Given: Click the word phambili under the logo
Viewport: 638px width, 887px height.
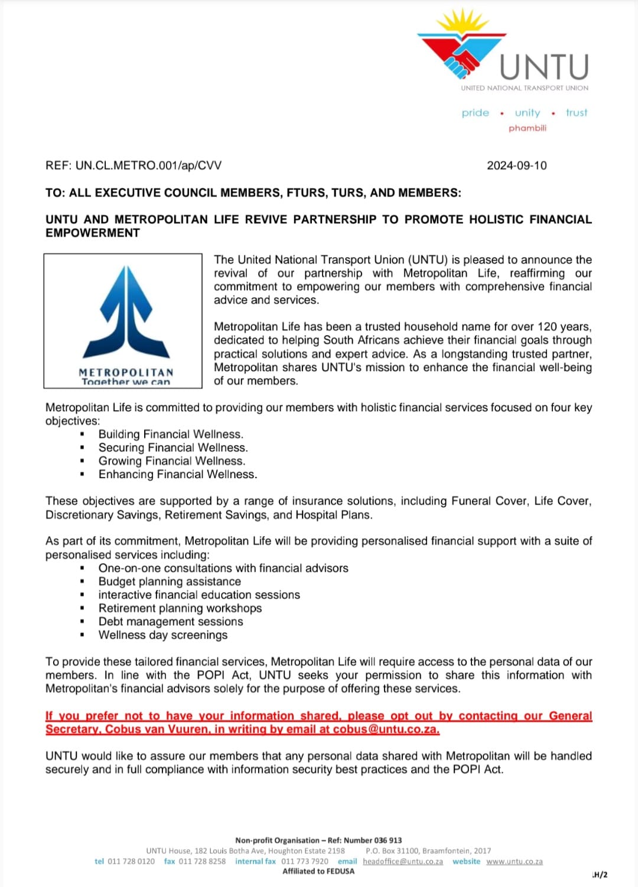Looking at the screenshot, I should click(528, 128).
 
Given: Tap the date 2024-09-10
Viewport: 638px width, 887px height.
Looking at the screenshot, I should click(517, 165).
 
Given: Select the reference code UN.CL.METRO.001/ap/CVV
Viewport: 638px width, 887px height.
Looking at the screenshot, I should click(148, 165).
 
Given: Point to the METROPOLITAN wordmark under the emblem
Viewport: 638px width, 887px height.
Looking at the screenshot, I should click(126, 372).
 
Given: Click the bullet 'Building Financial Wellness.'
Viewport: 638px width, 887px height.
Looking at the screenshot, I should click(171, 434).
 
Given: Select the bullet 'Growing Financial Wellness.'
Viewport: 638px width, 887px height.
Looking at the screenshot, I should click(171, 461).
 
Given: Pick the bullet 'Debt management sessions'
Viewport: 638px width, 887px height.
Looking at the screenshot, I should click(171, 622).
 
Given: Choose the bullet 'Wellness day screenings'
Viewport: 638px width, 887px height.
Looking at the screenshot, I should click(163, 635).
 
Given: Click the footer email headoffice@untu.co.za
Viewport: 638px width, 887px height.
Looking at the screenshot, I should click(403, 862).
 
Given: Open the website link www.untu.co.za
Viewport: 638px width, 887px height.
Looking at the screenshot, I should click(515, 862).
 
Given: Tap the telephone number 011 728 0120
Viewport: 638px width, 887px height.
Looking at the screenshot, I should click(131, 862).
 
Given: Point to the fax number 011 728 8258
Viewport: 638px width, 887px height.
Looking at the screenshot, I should click(202, 862).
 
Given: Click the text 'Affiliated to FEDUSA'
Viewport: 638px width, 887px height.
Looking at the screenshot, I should click(318, 871).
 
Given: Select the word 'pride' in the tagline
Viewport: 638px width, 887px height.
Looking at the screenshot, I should click(476, 113).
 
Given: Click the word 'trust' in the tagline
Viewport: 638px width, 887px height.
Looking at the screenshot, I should click(577, 113).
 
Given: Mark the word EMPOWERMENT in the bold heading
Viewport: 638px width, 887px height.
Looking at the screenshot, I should click(93, 233).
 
